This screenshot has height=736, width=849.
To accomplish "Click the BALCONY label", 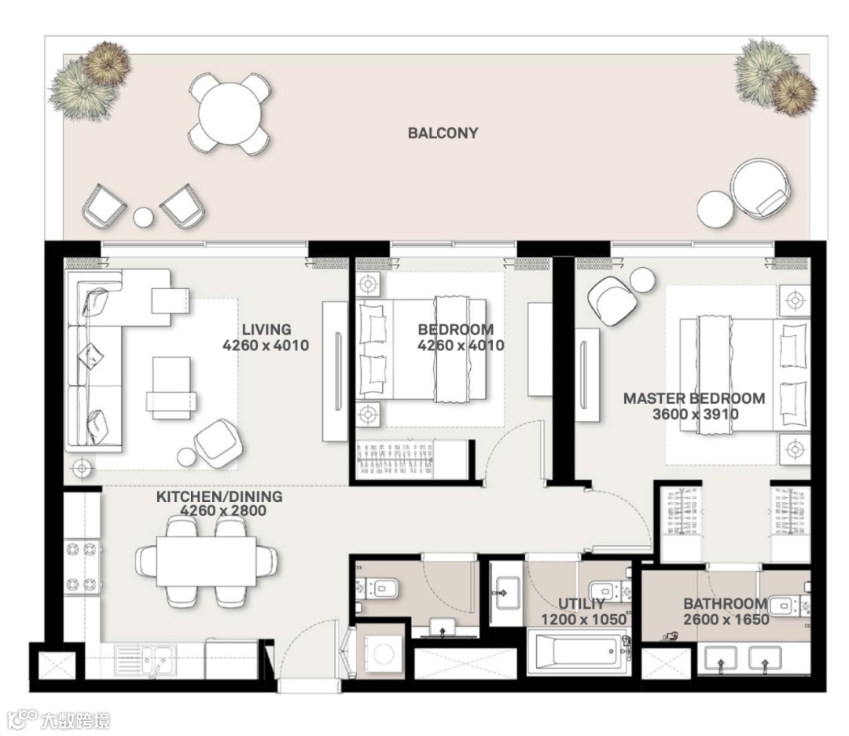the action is click(x=443, y=133).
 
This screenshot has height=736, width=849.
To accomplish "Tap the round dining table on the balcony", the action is click(x=230, y=114).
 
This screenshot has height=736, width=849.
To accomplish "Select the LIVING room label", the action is click(x=266, y=329).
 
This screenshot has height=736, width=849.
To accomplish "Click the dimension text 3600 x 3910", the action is click(x=695, y=415).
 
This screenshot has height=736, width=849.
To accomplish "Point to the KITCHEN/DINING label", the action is click(x=219, y=496).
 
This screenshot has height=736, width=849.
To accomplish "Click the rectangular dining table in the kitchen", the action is click(x=206, y=561).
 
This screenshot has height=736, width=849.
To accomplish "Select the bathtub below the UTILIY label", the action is click(x=579, y=652).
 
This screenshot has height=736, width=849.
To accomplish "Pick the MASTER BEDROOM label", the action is click(x=694, y=398).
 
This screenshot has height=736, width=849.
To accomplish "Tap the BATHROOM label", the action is click(x=725, y=603).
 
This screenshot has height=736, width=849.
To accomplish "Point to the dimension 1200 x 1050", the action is click(x=584, y=619).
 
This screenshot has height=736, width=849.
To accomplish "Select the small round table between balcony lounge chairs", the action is click(x=144, y=217).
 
